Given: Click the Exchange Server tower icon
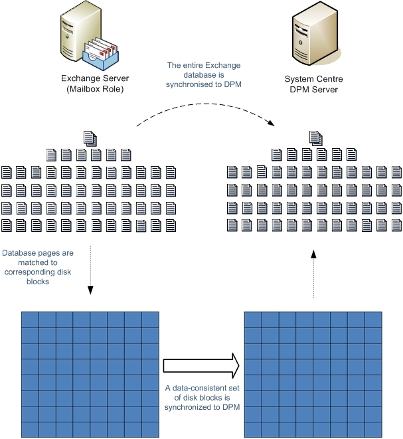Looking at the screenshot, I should (x=78, y=30).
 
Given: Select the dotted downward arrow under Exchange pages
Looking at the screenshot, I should (x=90, y=269).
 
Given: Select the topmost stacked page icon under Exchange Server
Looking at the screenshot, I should (x=90, y=138).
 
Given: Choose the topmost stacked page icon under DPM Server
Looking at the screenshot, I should (x=316, y=138).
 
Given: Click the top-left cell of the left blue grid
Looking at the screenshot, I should (x=31, y=318).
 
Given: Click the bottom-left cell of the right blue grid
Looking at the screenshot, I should (x=254, y=429).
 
